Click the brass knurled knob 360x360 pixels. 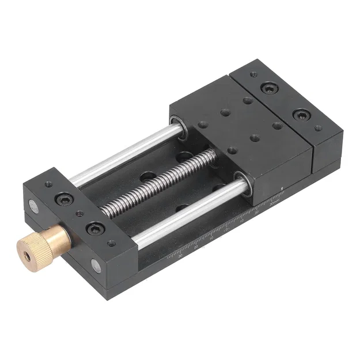coord(43,242)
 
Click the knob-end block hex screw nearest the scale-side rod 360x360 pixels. coord(93,229)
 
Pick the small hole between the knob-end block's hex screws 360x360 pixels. coord(79,214)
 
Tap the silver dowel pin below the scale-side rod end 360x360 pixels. coord(96,266)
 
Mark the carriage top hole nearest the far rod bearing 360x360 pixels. coord(202,124)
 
